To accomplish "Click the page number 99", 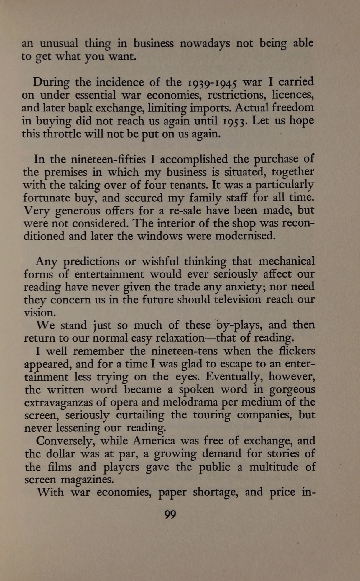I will tap(170, 515).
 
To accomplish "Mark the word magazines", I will tap(87, 480).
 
